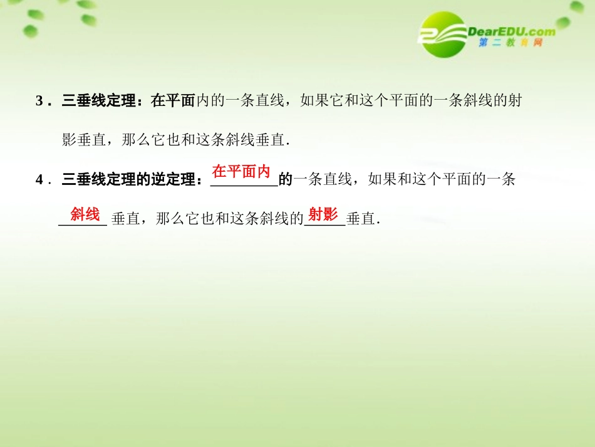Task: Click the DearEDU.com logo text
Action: [x=511, y=31]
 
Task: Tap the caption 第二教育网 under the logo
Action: [x=510, y=43]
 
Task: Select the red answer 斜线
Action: [x=85, y=215]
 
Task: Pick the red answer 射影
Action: [x=323, y=215]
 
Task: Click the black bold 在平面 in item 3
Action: [x=173, y=101]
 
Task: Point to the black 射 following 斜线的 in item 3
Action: [x=515, y=101]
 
